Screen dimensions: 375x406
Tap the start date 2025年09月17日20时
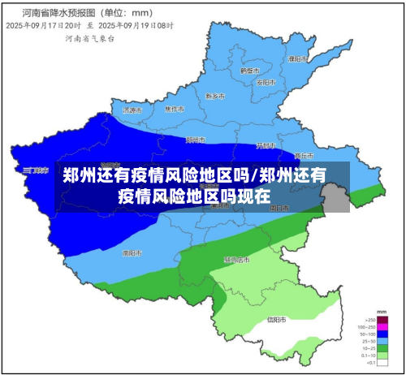coord(42,26)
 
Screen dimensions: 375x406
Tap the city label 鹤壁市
coord(248,71)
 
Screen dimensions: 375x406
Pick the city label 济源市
coord(132,110)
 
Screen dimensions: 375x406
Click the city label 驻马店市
coord(238,261)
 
